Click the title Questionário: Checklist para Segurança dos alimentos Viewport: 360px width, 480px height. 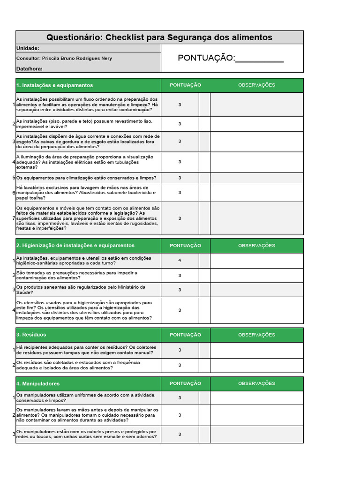coord(159,37)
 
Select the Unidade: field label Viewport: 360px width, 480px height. coord(28,48)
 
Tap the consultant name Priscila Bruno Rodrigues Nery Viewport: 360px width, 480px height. coord(77,58)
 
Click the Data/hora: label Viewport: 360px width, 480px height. coord(30,68)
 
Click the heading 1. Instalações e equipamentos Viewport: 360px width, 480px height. coord(54,85)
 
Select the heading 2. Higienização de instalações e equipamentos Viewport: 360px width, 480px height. coord(75,246)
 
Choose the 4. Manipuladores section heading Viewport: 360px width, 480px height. coord(38,383)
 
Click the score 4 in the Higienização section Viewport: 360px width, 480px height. coord(180,260)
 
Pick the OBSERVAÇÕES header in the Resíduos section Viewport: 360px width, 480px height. coord(256,335)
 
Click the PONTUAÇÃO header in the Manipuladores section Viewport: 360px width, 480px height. coord(185,383)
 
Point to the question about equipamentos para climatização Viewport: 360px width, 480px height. coord(86,178)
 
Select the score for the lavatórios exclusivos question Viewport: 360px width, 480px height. coord(180,192)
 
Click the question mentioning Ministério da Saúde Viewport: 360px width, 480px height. coord(81,290)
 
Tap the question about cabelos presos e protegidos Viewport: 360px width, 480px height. coord(86,434)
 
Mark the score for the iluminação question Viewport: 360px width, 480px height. coord(180,162)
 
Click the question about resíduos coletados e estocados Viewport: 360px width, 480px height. coord(78,365)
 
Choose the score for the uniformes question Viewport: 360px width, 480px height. coord(180,398)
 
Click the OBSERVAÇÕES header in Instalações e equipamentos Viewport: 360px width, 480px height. coord(256,85)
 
